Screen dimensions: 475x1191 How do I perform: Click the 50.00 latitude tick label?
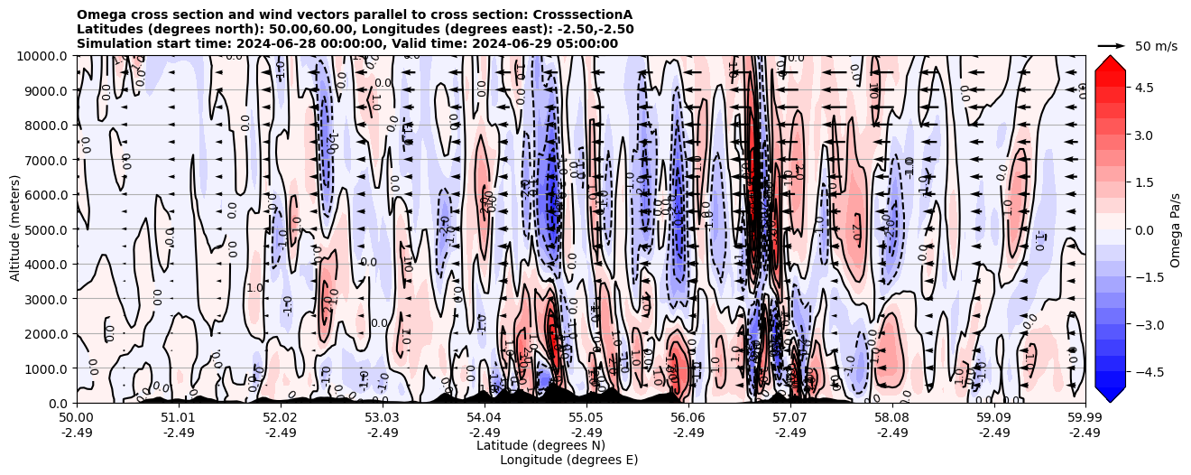point(77,418)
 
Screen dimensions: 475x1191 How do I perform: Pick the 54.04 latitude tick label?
point(485,418)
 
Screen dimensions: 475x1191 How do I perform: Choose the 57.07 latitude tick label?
point(790,418)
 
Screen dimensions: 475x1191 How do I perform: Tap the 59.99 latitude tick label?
point(1085,418)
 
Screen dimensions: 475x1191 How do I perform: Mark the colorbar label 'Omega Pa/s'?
point(1176,229)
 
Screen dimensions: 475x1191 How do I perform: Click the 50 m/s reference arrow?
point(1111,45)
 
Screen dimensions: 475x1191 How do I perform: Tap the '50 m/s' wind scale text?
point(1156,46)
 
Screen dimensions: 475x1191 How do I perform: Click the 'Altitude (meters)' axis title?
point(15,229)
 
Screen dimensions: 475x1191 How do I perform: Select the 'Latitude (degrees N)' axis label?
point(540,445)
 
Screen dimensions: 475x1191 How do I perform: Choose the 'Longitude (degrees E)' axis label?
point(569,460)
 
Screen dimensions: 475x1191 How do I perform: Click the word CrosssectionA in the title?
point(583,14)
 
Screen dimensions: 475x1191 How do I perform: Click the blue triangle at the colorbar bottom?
point(1110,394)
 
